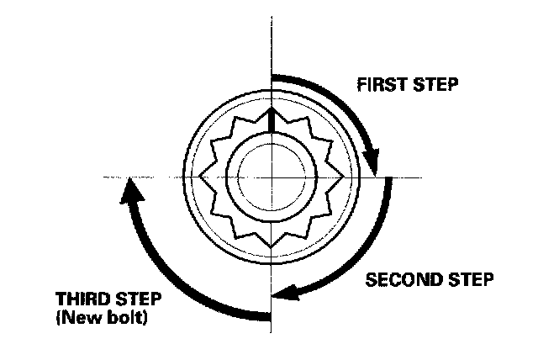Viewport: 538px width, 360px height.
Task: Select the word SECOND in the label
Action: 402,278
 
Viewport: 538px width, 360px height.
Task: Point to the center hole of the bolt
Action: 271,177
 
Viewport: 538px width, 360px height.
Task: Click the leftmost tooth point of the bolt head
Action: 199,177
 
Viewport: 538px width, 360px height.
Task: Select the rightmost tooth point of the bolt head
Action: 343,177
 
